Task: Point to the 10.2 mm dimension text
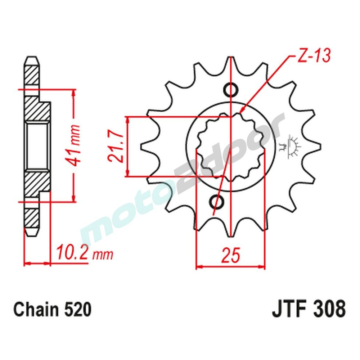pos(84,253)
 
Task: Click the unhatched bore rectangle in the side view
pos(37,147)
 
